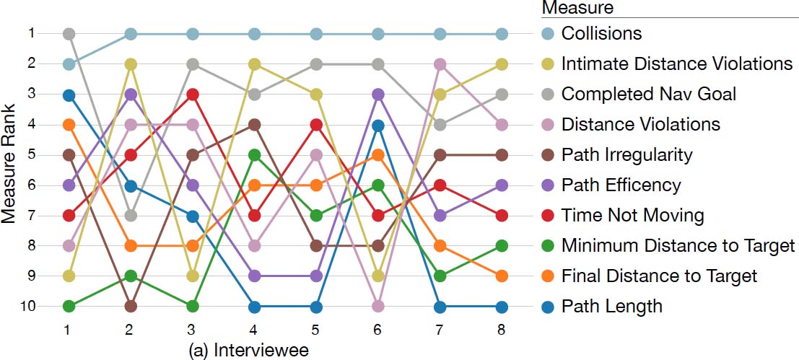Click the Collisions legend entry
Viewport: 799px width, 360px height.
[x=601, y=34]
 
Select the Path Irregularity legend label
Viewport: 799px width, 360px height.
[x=626, y=155]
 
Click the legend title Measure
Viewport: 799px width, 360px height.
[x=577, y=9]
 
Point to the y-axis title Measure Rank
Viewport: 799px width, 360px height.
[x=10, y=170]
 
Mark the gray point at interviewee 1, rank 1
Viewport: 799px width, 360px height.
[x=69, y=34]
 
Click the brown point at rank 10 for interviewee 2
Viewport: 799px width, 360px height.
[x=131, y=307]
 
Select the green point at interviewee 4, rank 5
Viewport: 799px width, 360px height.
[x=255, y=155]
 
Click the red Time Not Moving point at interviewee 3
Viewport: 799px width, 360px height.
[x=193, y=95]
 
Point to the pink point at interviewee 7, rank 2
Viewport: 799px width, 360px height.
[x=440, y=64]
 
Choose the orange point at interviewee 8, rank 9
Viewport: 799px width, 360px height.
[x=502, y=276]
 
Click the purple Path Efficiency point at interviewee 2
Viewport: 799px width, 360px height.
[x=131, y=95]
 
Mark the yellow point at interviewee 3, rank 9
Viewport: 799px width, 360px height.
[x=193, y=276]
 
